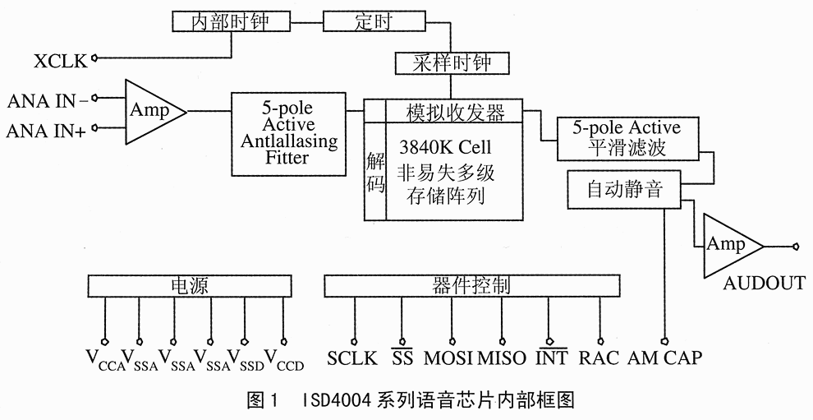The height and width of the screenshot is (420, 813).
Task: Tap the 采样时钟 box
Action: coord(452,62)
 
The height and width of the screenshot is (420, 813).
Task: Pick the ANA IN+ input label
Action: coord(48,129)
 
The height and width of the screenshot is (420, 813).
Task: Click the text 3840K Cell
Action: coord(444,149)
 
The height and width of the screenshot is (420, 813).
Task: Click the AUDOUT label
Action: coord(764,284)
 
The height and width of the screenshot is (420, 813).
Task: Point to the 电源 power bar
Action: coord(188,285)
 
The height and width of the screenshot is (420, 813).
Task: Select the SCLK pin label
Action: coord(351,358)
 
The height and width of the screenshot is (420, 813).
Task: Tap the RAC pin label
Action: coord(598,358)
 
